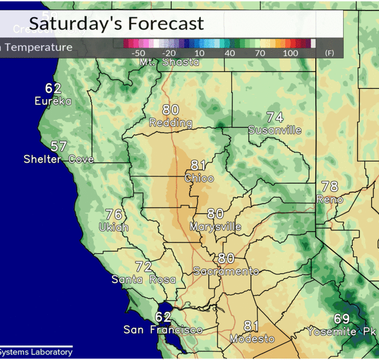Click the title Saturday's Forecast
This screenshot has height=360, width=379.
[116, 24]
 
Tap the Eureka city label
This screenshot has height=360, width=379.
[53, 101]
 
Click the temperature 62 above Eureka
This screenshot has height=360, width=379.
[53, 88]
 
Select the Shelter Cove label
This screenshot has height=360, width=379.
[58, 159]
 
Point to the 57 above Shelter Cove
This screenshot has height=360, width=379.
[58, 146]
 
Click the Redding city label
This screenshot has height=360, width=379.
[171, 123]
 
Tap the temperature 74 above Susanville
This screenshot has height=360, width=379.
[275, 117]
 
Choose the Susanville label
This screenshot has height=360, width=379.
[275, 130]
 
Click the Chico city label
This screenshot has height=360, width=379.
[199, 178]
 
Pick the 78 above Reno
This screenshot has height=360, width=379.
[330, 186]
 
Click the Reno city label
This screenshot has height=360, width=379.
[330, 199]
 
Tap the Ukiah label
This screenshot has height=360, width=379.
[114, 227]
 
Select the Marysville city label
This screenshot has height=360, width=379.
[215, 227]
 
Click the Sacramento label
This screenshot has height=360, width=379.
[226, 272]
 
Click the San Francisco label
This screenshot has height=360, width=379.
[163, 330]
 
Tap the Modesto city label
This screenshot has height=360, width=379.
[252, 339]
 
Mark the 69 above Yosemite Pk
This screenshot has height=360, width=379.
[342, 319]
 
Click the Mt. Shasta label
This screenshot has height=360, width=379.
[169, 62]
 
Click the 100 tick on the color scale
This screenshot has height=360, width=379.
[291, 54]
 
